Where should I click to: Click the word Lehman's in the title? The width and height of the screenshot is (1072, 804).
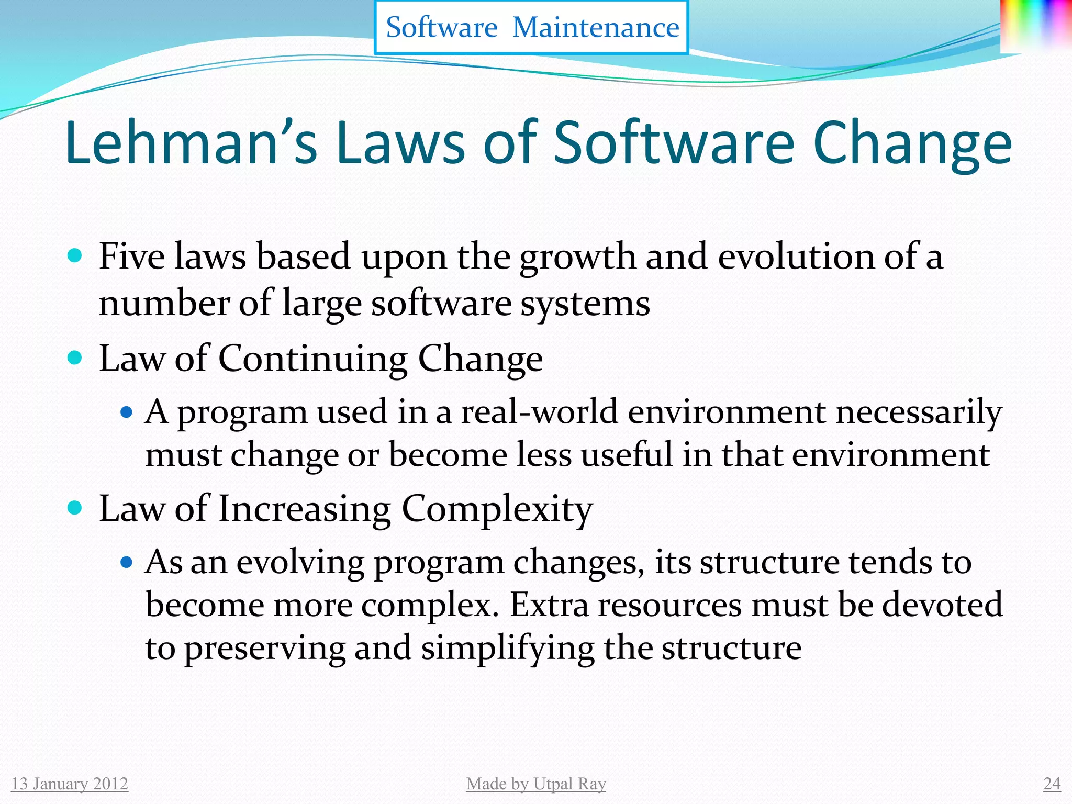coord(191,142)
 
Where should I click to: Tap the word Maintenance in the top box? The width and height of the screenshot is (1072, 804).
coord(596,27)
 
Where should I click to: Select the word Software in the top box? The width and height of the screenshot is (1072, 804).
coord(441,27)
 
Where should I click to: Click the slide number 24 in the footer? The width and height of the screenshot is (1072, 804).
coord(1052,784)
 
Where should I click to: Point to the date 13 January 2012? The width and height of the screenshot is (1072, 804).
coord(70,784)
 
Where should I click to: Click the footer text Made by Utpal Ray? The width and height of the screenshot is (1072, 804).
coord(536,784)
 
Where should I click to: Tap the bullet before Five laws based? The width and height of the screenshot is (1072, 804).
coord(75,256)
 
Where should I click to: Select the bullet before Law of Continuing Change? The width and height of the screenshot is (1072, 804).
coord(75,358)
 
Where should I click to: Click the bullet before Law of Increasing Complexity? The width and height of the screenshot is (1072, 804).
coord(75,508)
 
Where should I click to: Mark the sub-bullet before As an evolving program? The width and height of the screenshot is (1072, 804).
coord(126,563)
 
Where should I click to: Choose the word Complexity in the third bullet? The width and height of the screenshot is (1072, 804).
coord(497,509)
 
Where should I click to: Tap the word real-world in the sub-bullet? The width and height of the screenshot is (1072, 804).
coord(539,412)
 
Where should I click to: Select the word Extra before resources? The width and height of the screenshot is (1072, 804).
coord(549,605)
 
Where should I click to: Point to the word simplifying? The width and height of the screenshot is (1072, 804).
coord(507,649)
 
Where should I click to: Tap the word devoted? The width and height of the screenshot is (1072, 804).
coord(942,605)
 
